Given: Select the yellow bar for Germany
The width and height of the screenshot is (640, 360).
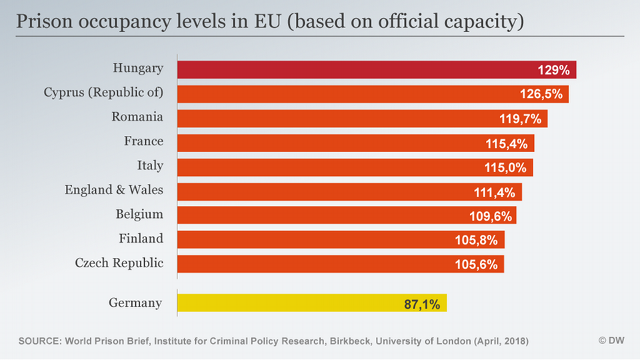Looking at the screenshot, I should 293,304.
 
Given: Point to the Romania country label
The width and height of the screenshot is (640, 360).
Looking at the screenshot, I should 137,117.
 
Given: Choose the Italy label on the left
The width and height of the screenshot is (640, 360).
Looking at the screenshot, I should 150,165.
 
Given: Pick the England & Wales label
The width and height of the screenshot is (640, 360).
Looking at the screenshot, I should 113,189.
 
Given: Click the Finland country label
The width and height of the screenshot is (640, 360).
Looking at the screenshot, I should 141,238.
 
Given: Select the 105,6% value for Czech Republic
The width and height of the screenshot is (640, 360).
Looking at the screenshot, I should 477,264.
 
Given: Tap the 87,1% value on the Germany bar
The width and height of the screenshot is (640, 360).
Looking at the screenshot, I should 421,304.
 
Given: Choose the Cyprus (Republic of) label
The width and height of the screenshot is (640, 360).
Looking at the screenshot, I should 103,92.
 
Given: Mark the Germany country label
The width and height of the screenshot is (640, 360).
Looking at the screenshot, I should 135,303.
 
